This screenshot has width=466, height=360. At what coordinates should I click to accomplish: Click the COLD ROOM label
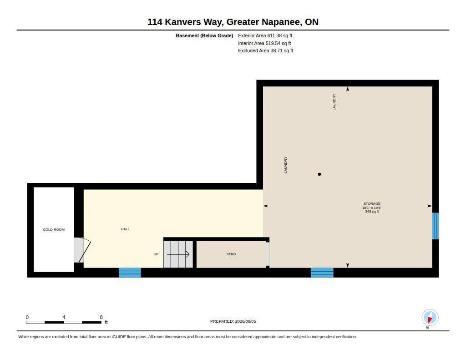point(54,229)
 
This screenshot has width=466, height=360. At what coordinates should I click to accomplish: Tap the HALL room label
point(125,229)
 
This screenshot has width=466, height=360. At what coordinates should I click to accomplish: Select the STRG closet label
point(231,254)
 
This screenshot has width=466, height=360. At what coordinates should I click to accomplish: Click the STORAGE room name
point(372,203)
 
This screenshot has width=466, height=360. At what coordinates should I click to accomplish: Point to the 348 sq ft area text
point(372,211)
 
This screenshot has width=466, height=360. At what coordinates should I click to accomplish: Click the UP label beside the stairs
point(156,254)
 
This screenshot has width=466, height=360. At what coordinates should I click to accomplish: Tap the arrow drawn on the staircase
point(178,254)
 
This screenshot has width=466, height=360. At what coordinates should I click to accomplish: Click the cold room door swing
point(84,250)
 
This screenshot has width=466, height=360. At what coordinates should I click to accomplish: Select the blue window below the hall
point(130,273)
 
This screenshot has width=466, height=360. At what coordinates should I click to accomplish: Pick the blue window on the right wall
point(436,226)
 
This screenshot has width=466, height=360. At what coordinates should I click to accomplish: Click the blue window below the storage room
point(322,273)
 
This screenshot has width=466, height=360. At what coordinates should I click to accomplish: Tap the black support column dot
point(319,174)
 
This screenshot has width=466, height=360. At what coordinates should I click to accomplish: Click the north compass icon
point(430,318)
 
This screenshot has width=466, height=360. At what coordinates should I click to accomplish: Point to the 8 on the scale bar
point(101,317)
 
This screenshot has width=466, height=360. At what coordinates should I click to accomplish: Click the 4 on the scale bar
point(64,317)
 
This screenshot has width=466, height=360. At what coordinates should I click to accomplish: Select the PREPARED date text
point(233,321)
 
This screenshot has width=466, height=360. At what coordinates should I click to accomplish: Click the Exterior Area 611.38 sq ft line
point(265,35)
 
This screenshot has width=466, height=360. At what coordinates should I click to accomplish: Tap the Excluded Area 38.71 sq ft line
point(266,51)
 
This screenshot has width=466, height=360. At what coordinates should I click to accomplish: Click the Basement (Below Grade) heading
point(204,35)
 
